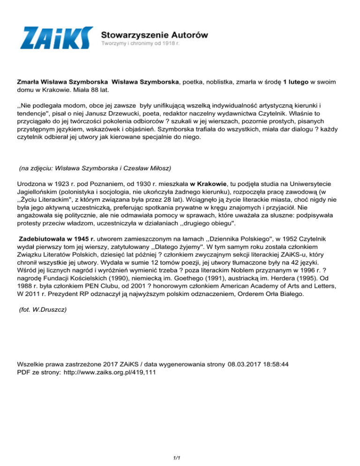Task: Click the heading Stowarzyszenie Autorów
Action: coord(155,34)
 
